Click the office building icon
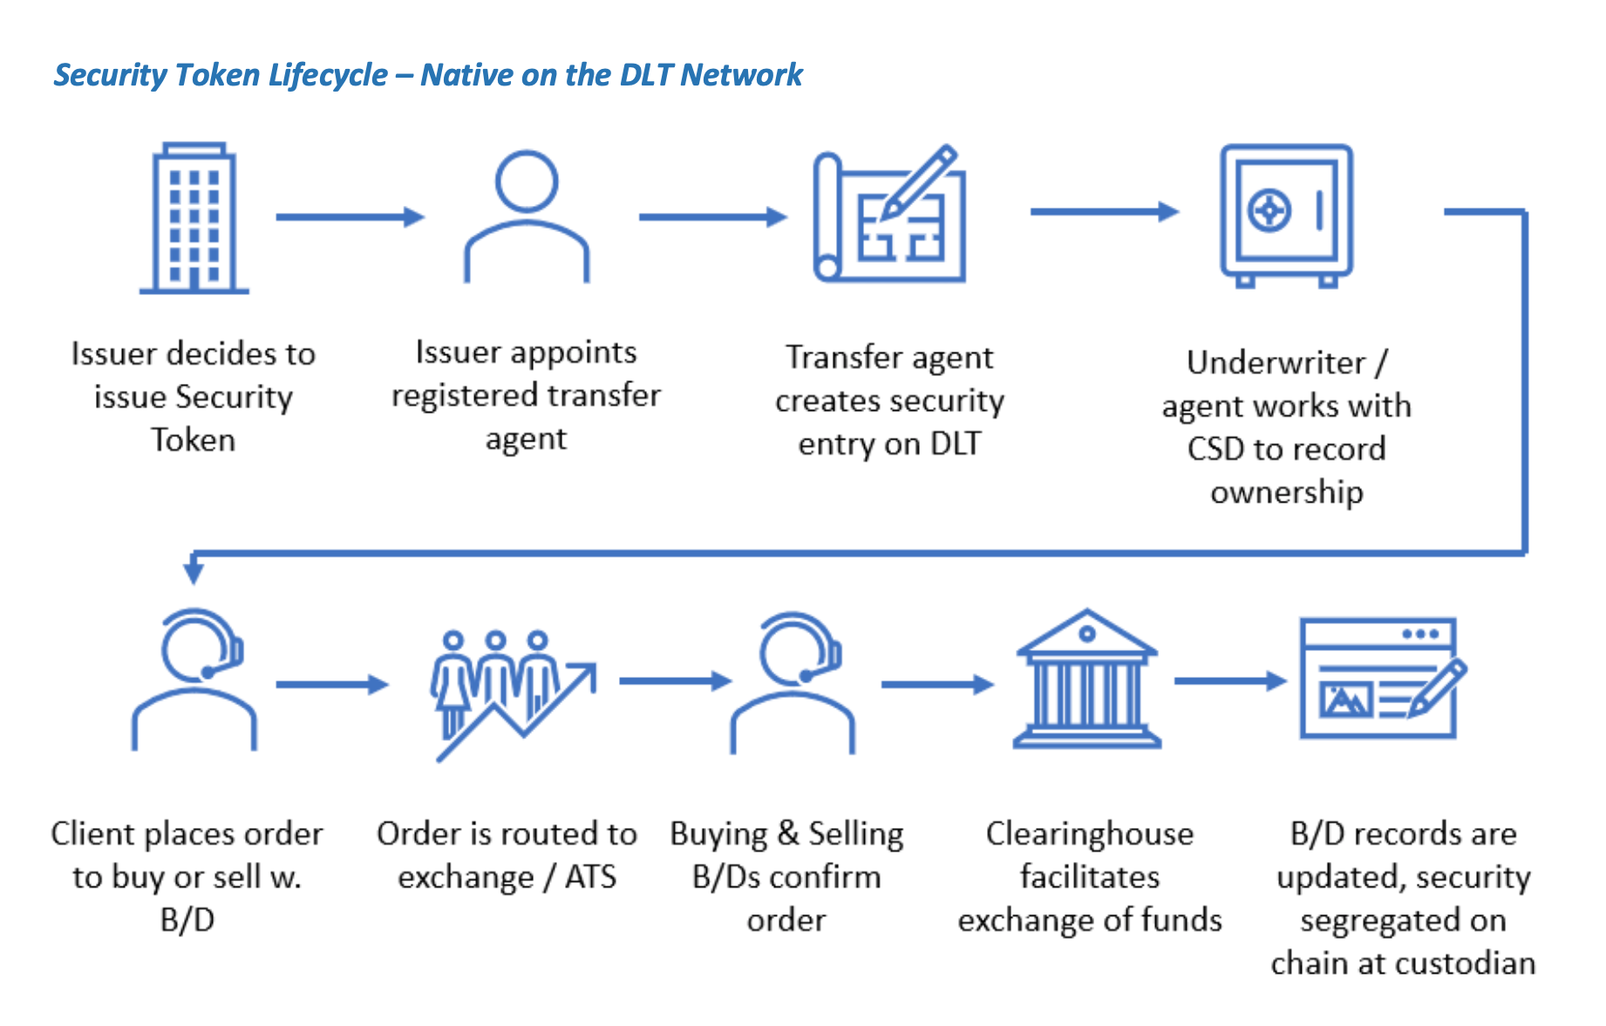[x=194, y=218]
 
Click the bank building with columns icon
[x=1086, y=681]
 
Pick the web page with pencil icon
[x=1381, y=679]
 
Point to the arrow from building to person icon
[x=349, y=216]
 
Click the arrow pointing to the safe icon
[x=1103, y=211]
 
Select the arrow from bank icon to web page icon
[x=1229, y=681]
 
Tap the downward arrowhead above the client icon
[x=194, y=571]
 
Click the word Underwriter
[x=1276, y=363]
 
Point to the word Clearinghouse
[x=1089, y=834]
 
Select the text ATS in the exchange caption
[x=590, y=877]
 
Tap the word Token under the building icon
[x=193, y=441]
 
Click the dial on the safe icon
[x=1269, y=210]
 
